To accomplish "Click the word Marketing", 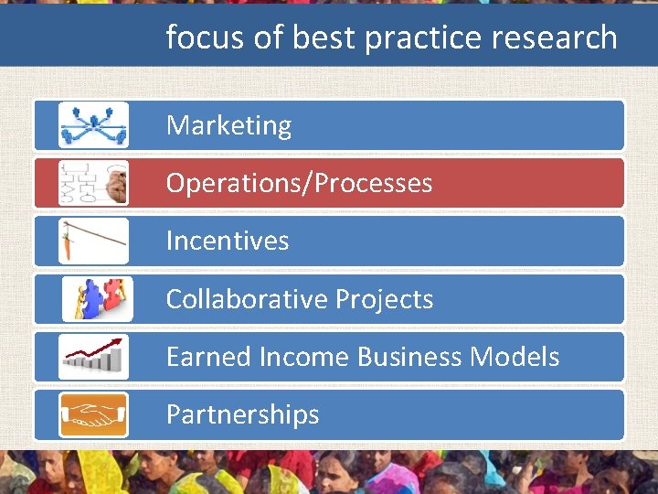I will click(x=228, y=125).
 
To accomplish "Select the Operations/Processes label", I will click(x=299, y=183).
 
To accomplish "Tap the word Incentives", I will click(x=227, y=241).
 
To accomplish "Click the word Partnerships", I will click(x=242, y=414).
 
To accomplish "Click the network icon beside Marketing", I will click(x=93, y=124).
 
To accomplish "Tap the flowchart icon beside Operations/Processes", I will click(x=93, y=183).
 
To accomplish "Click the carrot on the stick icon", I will click(x=93, y=241).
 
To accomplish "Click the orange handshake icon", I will click(x=93, y=414).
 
